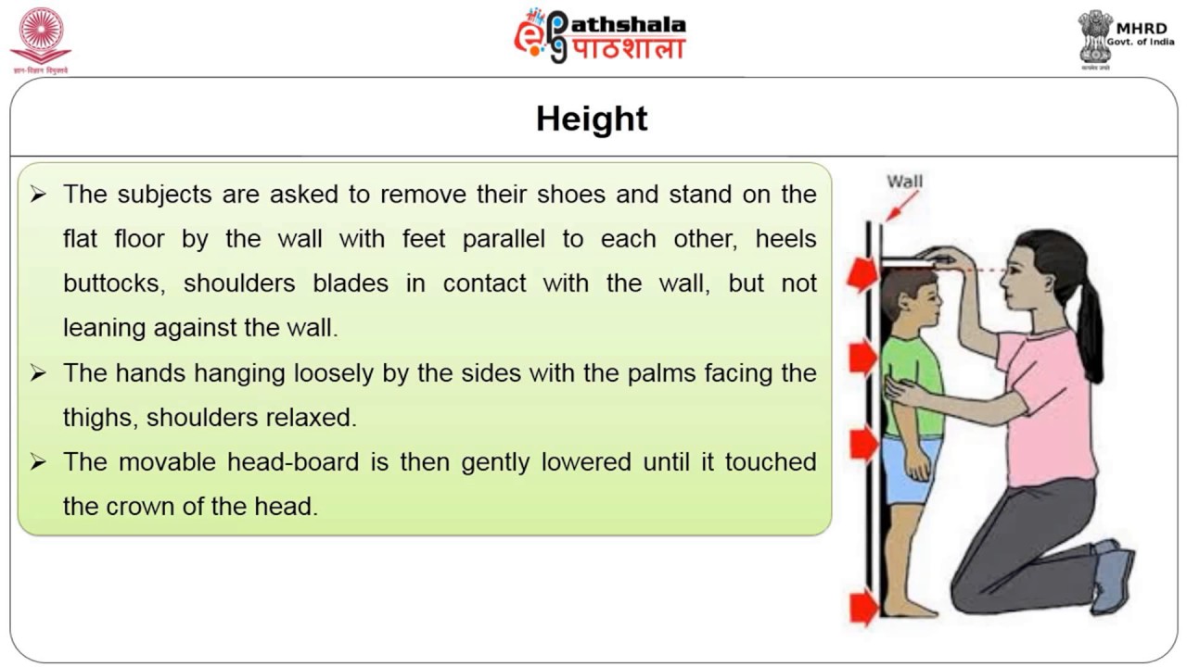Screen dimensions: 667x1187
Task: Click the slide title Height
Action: (x=592, y=120)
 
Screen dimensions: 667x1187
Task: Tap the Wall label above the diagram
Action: (x=904, y=181)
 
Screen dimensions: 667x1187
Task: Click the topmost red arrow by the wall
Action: (x=862, y=275)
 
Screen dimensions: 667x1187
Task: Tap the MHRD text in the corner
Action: (x=1142, y=28)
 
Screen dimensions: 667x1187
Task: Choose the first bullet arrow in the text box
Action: (x=38, y=195)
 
